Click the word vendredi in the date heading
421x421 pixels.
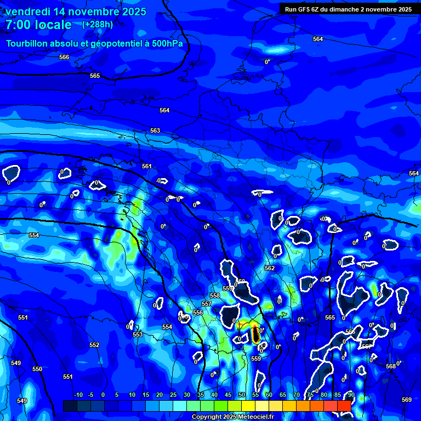(27, 12)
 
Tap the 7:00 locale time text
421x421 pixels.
(38, 25)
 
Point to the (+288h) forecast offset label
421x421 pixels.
(98, 24)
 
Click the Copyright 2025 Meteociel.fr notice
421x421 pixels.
(232, 417)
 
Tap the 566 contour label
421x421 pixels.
(64, 57)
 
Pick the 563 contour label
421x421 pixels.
(155, 130)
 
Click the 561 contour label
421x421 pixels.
(146, 166)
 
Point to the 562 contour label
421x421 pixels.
(270, 268)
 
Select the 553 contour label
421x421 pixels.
(138, 334)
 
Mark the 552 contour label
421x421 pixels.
(94, 345)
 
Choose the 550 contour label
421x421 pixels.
(37, 369)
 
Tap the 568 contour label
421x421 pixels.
(390, 366)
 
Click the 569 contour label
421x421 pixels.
(406, 400)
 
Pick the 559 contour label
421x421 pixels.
(256, 359)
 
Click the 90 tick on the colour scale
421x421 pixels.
(351, 395)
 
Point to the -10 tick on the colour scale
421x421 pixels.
(78, 395)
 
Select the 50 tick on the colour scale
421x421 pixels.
(242, 395)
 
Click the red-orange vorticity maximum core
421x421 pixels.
(255, 333)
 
